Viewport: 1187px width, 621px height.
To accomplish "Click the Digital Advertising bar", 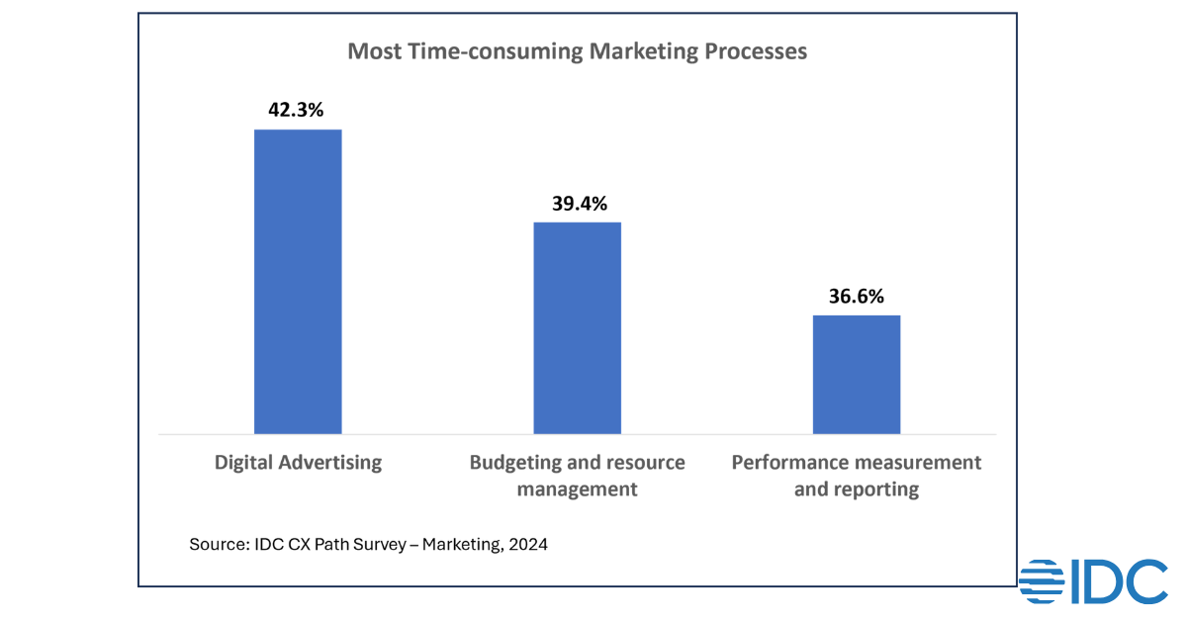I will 298,282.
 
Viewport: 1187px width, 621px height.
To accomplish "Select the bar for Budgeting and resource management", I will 578,327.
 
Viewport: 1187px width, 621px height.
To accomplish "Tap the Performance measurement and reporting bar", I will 857,374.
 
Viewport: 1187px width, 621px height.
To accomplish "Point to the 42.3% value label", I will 296,110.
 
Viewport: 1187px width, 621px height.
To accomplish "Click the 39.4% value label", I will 579,204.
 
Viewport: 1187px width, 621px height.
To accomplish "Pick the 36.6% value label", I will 856,296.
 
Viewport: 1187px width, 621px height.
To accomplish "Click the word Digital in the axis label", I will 240,463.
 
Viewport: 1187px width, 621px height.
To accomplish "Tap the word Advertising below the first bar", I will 327,463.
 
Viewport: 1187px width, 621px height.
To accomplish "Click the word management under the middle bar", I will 578,489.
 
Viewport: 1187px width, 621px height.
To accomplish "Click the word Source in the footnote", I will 215,544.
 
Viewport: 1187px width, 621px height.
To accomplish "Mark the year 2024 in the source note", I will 528,544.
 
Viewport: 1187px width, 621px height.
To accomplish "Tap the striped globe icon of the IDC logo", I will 1043,581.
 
